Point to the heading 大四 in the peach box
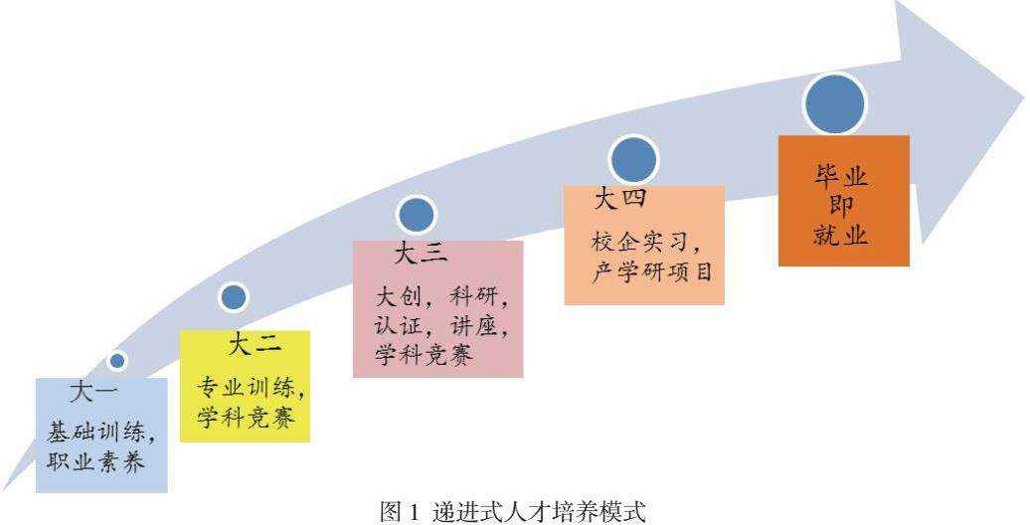620,199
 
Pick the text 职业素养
95,461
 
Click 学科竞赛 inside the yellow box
246,418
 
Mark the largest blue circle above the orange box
835,104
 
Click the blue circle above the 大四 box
634,160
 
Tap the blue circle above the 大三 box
417,215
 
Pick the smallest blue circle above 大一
117,361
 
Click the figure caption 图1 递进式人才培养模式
513,512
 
